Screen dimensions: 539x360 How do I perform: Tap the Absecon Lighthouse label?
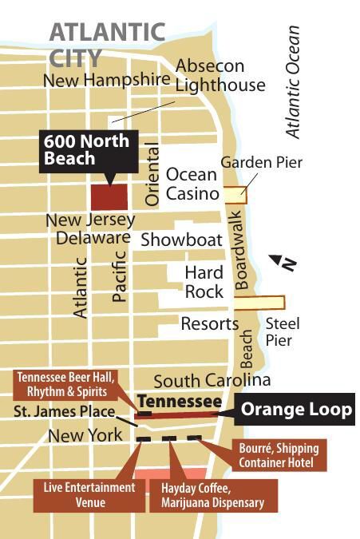(220, 75)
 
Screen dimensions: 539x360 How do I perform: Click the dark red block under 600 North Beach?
(109, 196)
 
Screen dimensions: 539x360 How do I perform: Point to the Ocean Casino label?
(192, 184)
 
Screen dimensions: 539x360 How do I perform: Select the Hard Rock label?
(204, 282)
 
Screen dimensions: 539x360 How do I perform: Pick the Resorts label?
(209, 324)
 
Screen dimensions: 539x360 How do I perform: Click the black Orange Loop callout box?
(295, 410)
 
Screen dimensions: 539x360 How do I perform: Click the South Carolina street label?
(212, 380)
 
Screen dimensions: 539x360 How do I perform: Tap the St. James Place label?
(62, 412)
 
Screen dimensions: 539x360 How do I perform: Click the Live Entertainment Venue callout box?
(89, 494)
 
